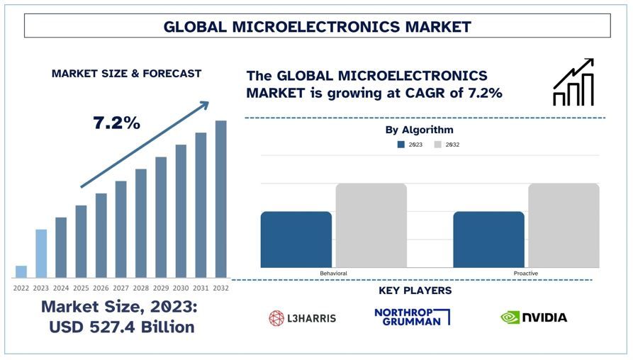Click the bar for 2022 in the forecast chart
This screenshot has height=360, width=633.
tap(21, 271)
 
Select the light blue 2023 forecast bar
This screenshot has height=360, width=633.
tap(41, 253)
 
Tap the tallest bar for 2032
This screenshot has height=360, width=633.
tap(221, 199)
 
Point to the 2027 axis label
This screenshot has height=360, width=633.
tap(121, 288)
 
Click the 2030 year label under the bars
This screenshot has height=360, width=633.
tap(181, 288)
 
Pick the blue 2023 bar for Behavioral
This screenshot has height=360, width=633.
tap(296, 240)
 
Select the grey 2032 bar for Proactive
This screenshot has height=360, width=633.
tap(564, 225)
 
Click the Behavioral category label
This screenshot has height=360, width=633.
tap(333, 273)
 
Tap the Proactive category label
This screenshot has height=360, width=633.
tap(526, 273)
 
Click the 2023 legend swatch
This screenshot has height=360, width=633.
tap(401, 145)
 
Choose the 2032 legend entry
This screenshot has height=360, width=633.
tap(447, 145)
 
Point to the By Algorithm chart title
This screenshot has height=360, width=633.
tap(419, 130)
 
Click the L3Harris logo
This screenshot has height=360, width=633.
tap(302, 318)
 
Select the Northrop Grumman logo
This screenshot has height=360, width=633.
tap(412, 317)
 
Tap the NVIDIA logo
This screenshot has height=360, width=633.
tap(533, 317)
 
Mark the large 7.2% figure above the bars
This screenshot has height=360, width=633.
tap(116, 123)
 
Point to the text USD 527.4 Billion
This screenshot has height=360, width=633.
tap(121, 327)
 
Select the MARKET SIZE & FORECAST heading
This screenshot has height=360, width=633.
tap(126, 74)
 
